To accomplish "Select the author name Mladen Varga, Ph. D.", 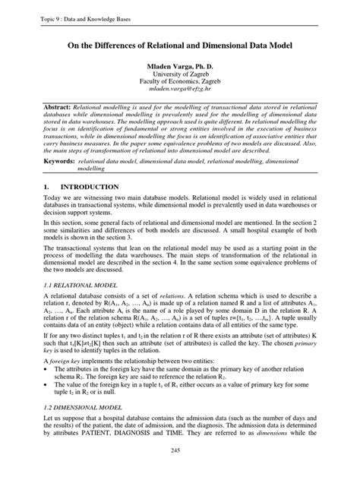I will pos(180,68).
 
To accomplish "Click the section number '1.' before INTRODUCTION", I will pos(47,186).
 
